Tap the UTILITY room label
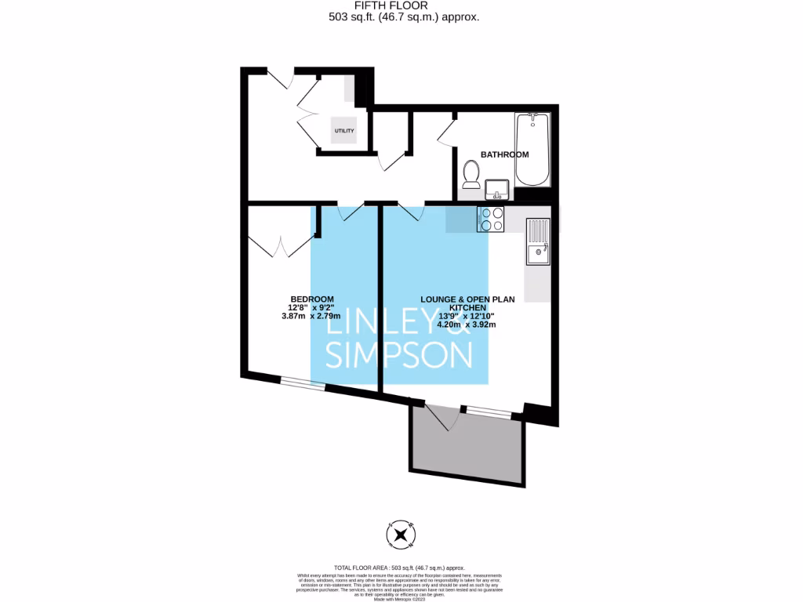coord(344,131)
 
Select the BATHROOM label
coord(504,154)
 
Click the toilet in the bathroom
coord(471,174)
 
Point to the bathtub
coord(533,149)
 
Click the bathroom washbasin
coord(496,189)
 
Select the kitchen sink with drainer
coord(538,241)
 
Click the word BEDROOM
coord(312,299)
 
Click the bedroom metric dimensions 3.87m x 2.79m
coord(312,316)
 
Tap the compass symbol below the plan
coord(401,535)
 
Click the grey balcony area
coord(466,450)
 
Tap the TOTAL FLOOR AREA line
coord(401,567)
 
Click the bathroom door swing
coord(447,130)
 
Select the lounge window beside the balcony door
coord(485,411)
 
